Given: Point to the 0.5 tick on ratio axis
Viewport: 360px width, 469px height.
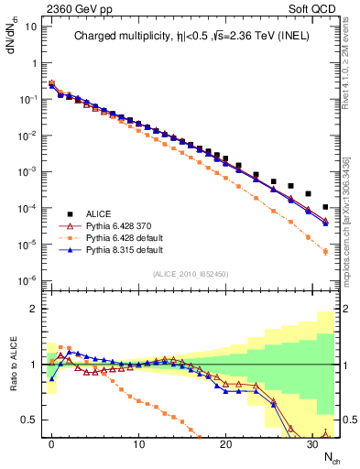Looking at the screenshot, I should [31, 420].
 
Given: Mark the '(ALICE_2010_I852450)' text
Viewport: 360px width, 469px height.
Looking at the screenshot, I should [191, 273].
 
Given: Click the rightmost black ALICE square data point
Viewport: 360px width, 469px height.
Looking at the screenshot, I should [326, 207].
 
